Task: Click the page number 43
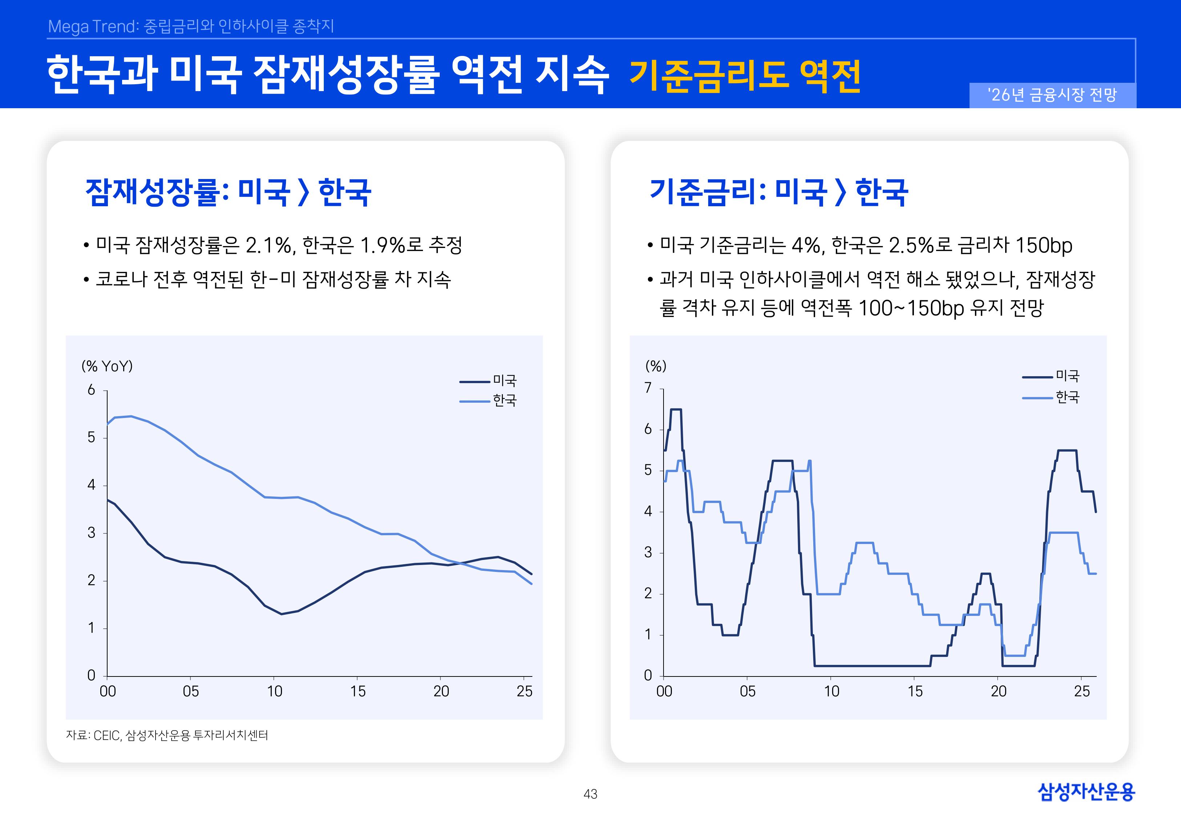point(590,794)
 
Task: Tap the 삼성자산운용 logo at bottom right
point(1086,792)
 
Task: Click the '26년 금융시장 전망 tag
point(1052,95)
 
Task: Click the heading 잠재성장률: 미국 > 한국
point(228,192)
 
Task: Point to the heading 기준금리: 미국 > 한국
point(778,192)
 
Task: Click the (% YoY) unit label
point(107,366)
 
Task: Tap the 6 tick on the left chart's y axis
point(91,390)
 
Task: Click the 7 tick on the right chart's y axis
point(648,388)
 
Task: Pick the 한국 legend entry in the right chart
point(1067,397)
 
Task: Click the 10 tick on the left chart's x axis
point(274,692)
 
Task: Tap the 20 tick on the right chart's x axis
point(999,692)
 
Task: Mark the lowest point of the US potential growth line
point(281,614)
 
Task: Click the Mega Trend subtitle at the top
point(190,26)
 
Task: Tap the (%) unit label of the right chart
point(656,366)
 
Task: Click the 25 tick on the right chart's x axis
point(1082,692)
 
